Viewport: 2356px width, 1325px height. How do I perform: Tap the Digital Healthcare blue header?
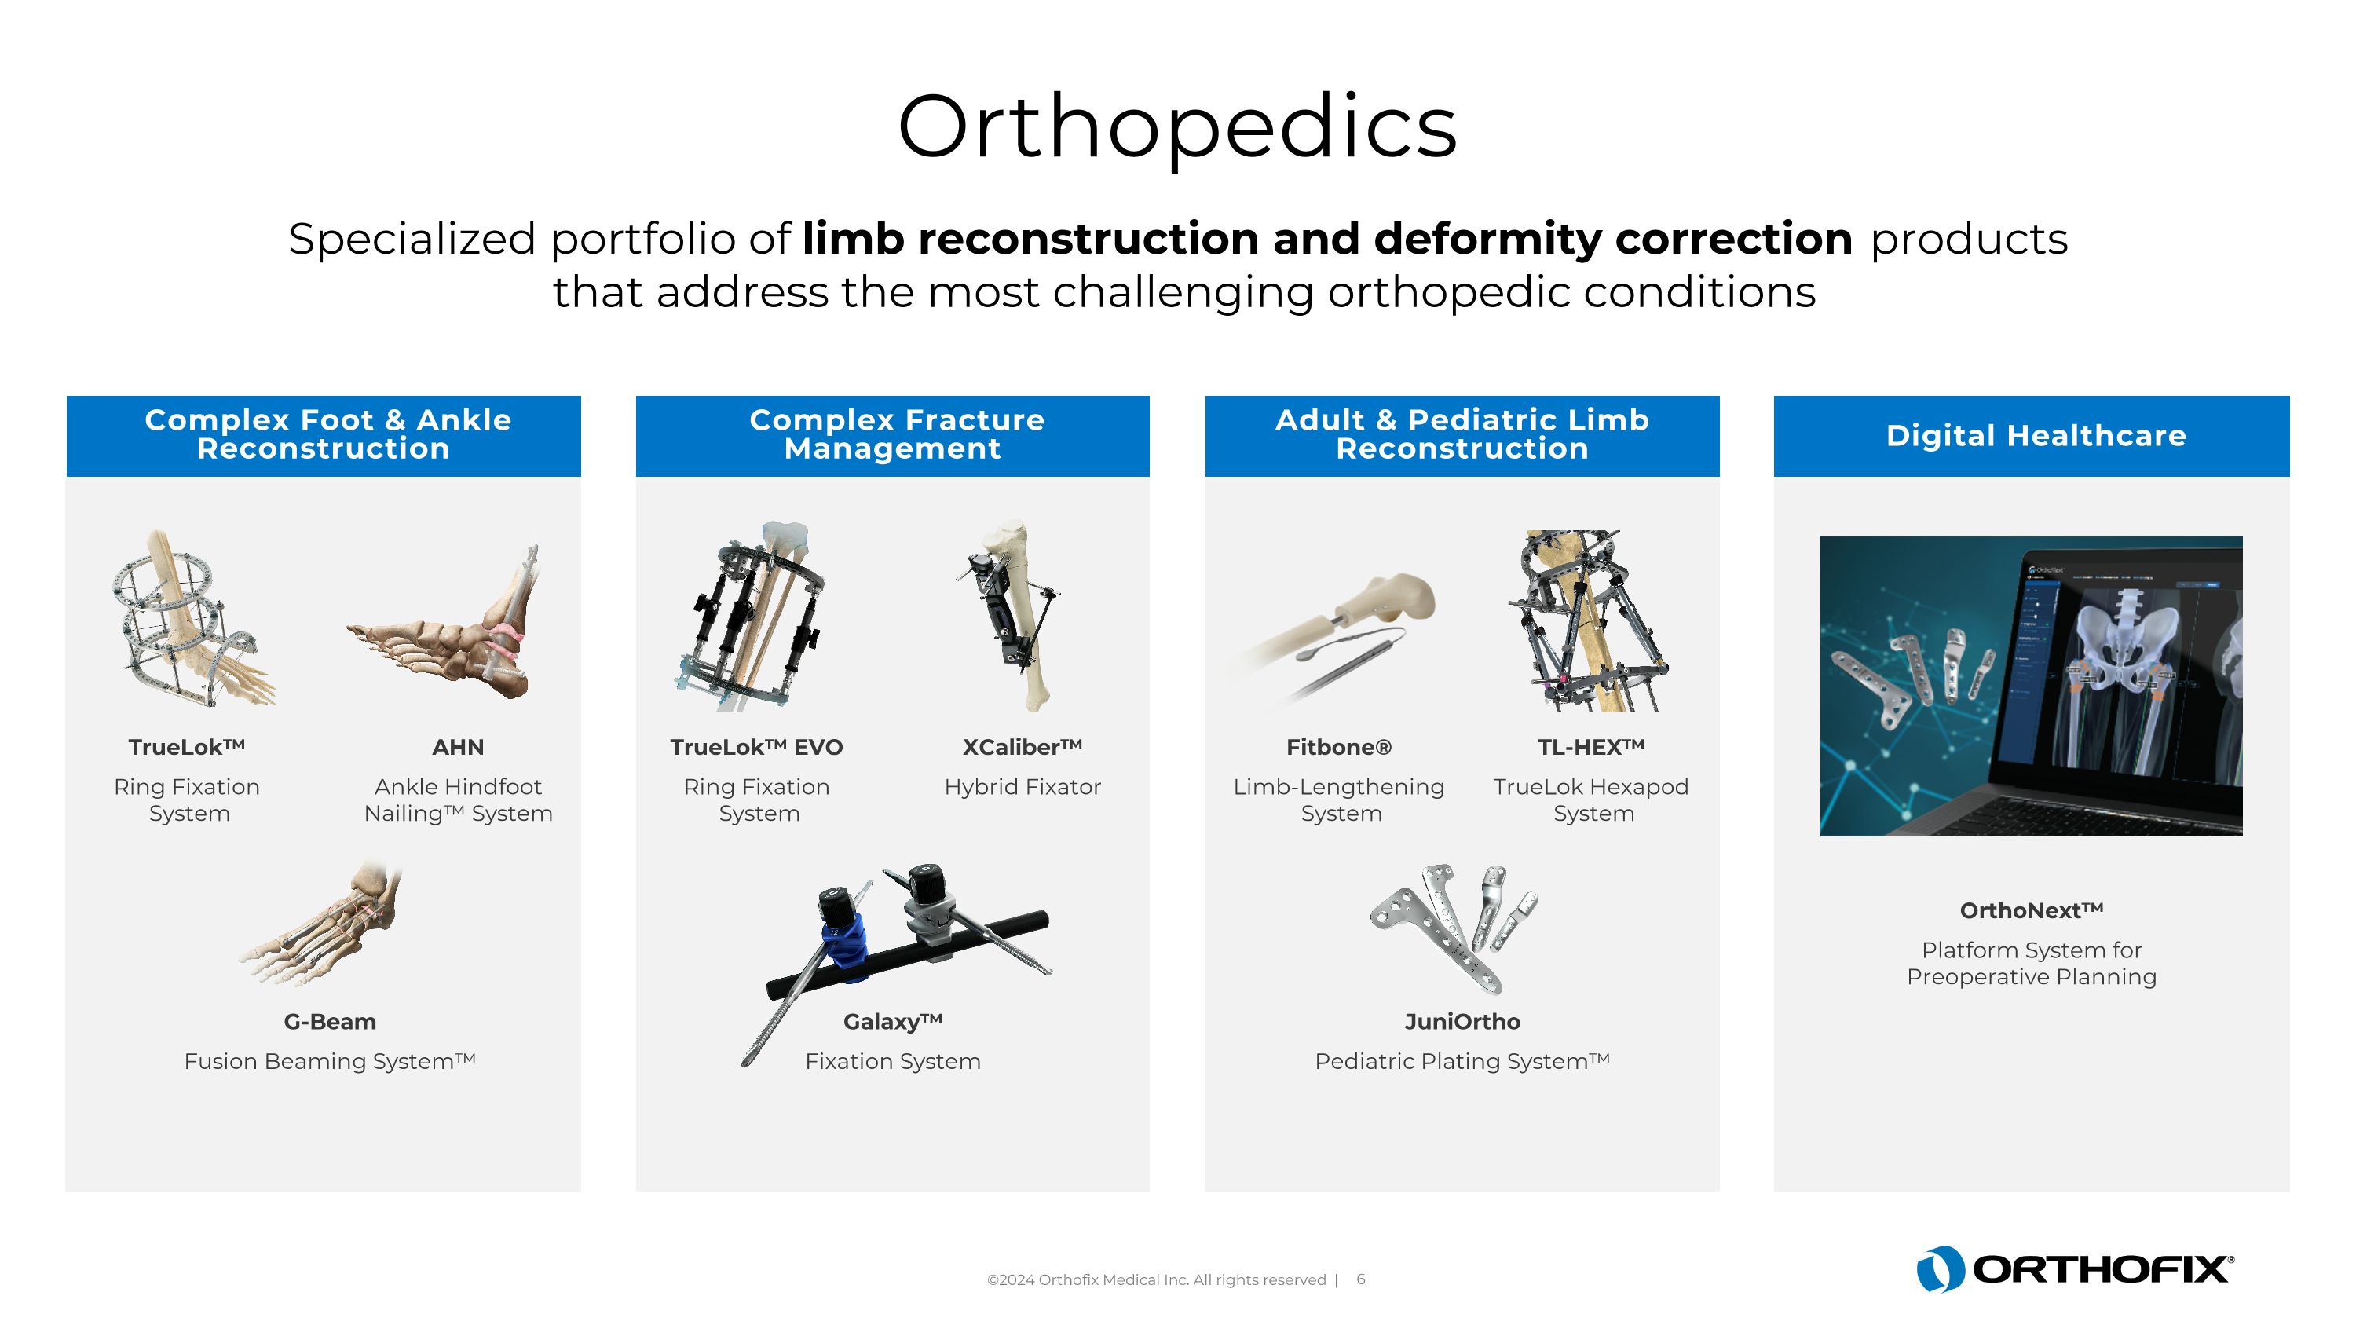click(2035, 435)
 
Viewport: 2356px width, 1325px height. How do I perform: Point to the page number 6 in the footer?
click(1361, 1279)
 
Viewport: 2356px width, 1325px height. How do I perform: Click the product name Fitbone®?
click(1338, 747)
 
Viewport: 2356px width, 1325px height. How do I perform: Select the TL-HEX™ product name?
click(1590, 747)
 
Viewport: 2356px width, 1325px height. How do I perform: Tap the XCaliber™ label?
click(1022, 747)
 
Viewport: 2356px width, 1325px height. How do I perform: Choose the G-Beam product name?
click(329, 1021)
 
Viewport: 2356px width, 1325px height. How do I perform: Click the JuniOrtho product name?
click(1462, 1021)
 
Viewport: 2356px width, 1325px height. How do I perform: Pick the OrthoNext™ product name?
click(2032, 910)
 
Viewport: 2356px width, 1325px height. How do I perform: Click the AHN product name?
click(457, 747)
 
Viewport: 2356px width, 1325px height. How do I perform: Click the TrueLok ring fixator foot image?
click(192, 622)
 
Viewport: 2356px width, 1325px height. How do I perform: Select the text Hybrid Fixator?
click(1022, 786)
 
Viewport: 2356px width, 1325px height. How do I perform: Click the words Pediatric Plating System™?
click(1462, 1061)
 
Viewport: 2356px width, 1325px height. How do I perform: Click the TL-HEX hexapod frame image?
click(1587, 622)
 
